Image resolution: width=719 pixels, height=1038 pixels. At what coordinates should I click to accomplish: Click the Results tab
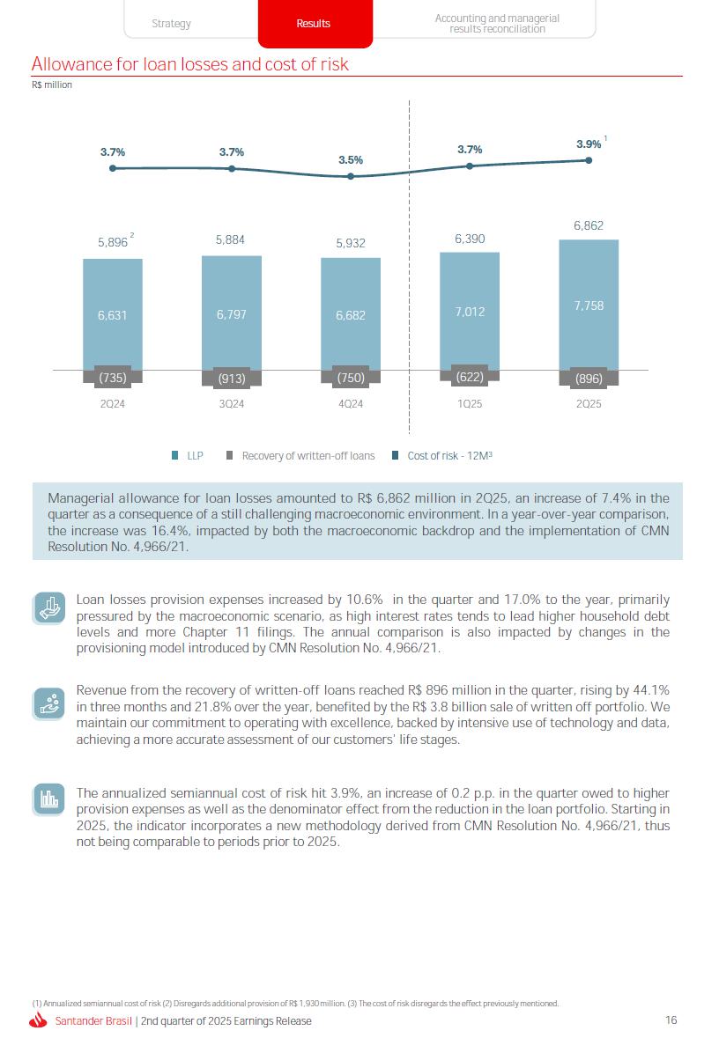point(315,24)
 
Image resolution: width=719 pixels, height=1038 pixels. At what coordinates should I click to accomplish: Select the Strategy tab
point(171,24)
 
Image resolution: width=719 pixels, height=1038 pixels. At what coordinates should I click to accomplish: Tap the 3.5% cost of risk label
point(351,160)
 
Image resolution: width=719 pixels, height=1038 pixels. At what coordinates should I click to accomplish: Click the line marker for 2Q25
point(589,160)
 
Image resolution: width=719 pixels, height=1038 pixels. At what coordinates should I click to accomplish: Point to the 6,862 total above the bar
point(589,225)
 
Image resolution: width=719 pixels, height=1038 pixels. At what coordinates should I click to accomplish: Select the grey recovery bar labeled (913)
point(231,378)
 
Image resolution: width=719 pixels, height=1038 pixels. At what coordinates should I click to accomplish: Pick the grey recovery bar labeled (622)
point(470,376)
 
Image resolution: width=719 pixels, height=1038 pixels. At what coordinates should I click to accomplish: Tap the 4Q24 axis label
point(351,404)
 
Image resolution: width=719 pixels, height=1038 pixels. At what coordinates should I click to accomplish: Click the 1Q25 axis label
point(470,404)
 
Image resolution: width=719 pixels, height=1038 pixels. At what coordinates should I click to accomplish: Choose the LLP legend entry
point(188,455)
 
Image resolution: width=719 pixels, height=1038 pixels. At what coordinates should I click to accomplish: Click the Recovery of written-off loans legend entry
point(300,455)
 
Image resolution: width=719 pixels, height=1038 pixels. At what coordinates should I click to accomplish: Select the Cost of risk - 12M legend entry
point(442,455)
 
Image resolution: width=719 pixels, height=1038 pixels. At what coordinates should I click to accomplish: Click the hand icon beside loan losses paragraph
point(49,608)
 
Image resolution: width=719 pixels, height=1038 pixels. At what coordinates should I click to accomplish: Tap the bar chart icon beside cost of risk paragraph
point(49,799)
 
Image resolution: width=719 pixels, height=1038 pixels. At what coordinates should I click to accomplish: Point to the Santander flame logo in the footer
point(39,1020)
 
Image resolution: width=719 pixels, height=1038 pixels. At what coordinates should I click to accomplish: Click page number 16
point(671,1020)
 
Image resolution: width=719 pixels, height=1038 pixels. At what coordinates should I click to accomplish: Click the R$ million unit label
point(52,85)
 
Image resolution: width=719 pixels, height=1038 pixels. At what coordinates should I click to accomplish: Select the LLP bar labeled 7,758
point(589,305)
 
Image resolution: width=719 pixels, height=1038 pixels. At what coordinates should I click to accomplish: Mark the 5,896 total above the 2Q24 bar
point(113,242)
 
